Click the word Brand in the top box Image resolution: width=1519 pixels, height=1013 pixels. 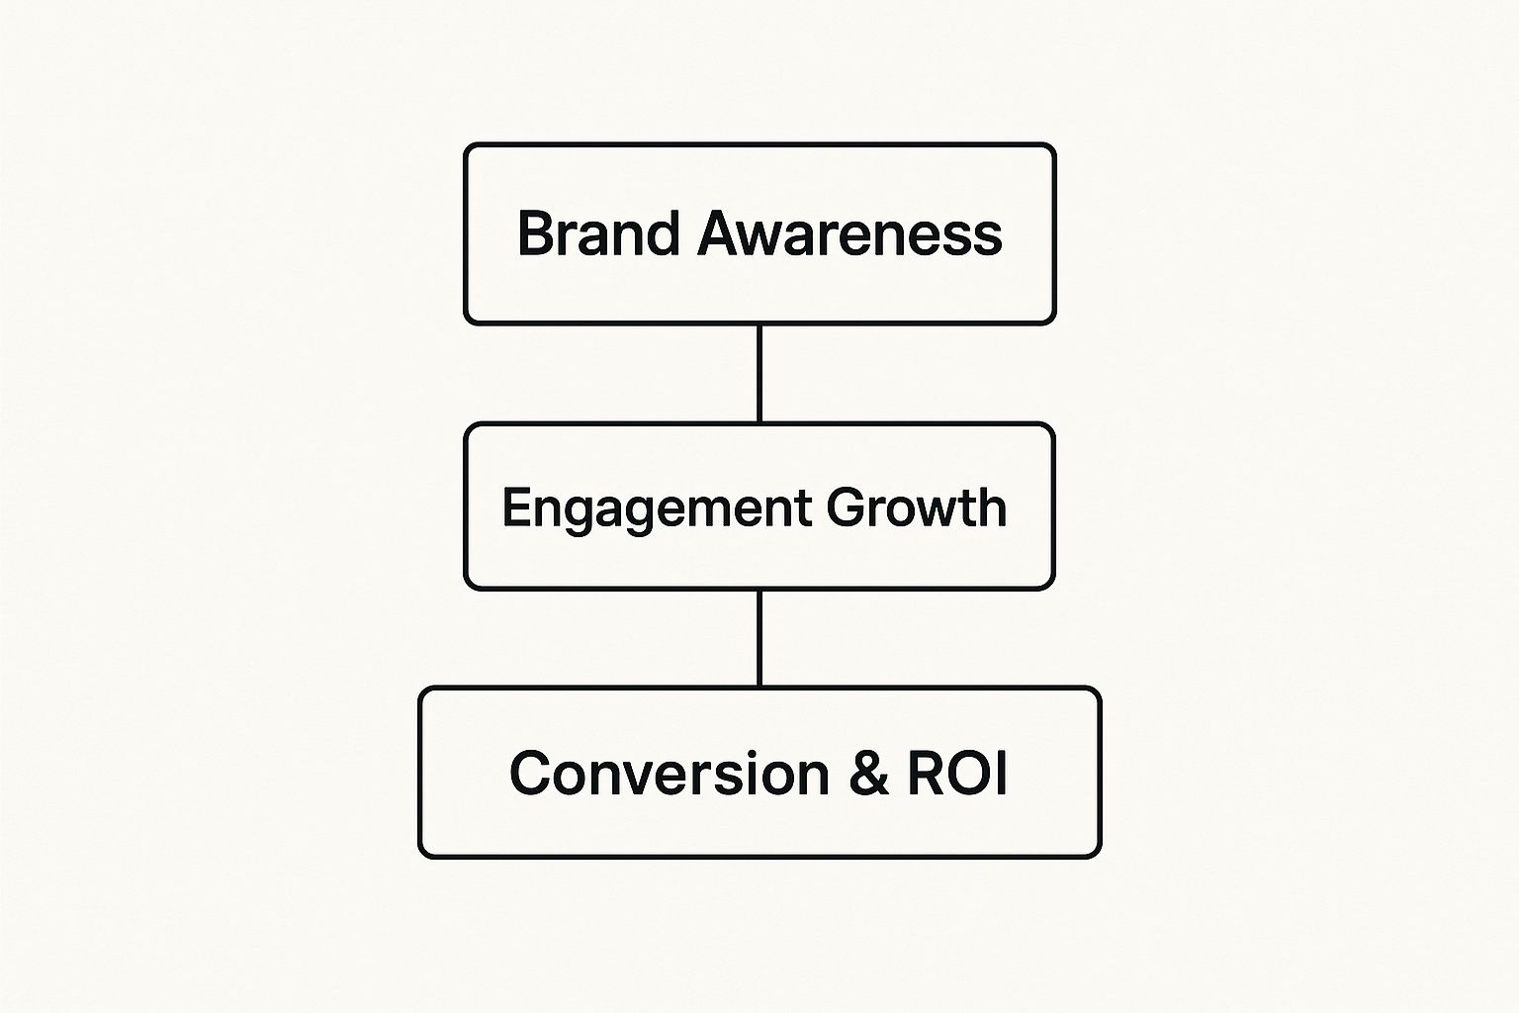pos(598,234)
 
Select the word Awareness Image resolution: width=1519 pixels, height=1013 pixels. pos(850,234)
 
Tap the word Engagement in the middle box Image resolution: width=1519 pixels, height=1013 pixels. pos(657,508)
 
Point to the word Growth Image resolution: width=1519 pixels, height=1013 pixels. pos(917,507)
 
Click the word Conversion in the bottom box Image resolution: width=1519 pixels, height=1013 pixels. pos(670,774)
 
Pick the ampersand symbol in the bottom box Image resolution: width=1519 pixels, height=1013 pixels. pos(869,774)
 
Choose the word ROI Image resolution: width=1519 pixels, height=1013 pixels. pos(957,774)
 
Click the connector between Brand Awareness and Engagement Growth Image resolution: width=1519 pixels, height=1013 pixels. pos(759,374)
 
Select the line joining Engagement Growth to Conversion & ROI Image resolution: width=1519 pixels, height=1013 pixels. pos(759,638)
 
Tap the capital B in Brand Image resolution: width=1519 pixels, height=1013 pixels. pos(534,234)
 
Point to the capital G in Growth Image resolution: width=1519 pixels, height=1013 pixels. pos(847,507)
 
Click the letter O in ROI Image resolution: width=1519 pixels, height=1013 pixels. pos(966,774)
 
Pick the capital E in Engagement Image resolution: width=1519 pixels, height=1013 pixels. pos(514,507)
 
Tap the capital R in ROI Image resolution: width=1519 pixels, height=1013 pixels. pos(927,774)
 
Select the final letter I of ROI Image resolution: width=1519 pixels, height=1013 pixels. pos(1001,774)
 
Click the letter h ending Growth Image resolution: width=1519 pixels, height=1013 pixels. pos(993,507)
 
